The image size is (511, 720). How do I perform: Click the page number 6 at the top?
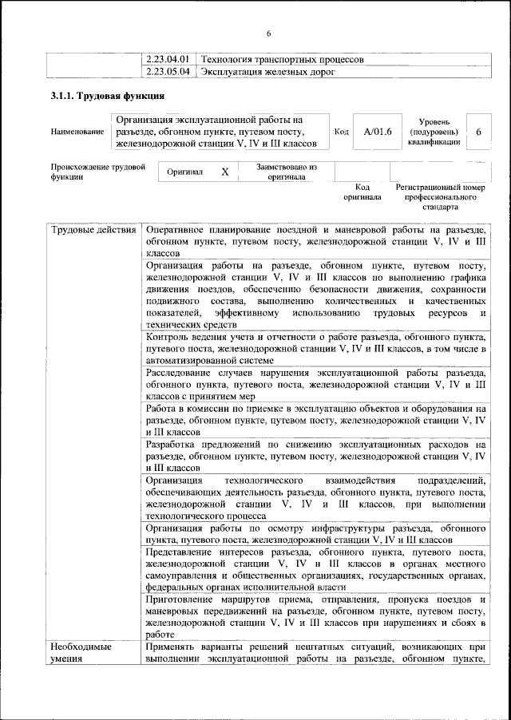tap(269, 33)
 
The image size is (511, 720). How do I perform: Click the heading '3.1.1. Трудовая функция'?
tap(108, 97)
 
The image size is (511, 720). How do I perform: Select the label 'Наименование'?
tap(77, 132)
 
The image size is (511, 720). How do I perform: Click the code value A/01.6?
tap(378, 131)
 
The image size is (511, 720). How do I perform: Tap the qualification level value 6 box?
tap(477, 131)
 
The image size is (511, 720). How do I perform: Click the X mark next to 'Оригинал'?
tap(224, 172)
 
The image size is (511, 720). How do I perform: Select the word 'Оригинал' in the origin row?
tap(184, 172)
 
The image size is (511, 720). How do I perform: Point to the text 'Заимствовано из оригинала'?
tap(287, 172)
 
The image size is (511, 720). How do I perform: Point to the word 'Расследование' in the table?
tap(184, 373)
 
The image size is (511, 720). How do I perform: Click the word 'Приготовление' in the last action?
tap(185, 597)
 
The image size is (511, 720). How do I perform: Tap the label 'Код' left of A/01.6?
tap(341, 132)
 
